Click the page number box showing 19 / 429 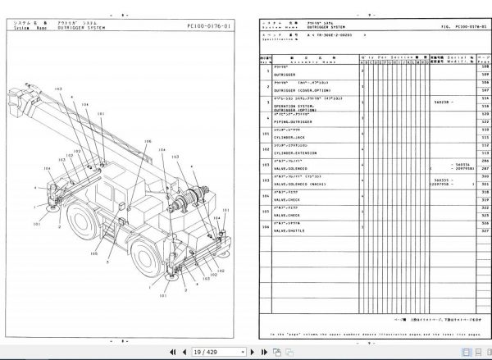(204, 351)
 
